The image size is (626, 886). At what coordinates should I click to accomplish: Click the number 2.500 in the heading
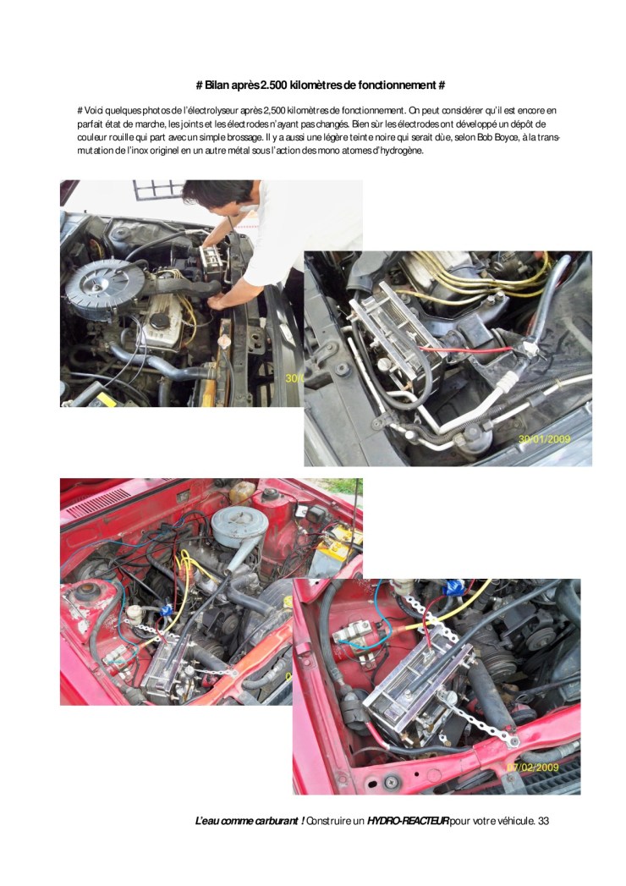tap(272, 85)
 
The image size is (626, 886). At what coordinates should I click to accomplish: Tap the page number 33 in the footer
tap(543, 821)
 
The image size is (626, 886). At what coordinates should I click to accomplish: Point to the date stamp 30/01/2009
tap(545, 438)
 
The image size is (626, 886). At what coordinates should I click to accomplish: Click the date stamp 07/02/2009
tap(533, 768)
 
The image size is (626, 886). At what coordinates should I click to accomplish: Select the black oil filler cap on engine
tap(160, 321)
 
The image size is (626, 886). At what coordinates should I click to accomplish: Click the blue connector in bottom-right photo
tap(453, 588)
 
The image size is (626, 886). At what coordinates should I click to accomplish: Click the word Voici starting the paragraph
tap(94, 110)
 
